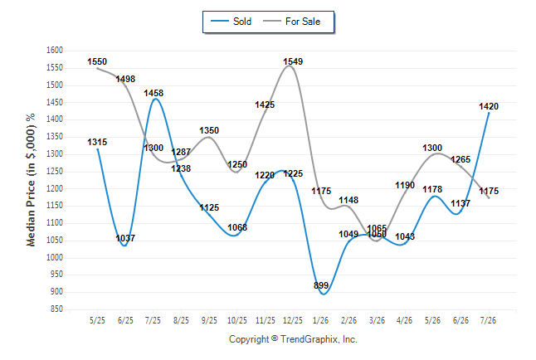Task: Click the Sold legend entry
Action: tap(231, 22)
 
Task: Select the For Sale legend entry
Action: tap(291, 22)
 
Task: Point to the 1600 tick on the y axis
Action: tap(55, 51)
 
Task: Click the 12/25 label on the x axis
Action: tap(293, 320)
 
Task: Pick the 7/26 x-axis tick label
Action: tap(489, 320)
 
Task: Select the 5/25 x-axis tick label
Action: tap(97, 320)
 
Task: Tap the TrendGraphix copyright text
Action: tap(293, 339)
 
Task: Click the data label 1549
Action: tap(293, 61)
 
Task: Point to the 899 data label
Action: tap(321, 285)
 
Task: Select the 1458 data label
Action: tap(153, 93)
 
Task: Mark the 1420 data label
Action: tap(489, 106)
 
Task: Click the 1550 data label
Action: tap(97, 61)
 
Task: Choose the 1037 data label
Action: tap(125, 238)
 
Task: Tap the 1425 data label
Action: tap(265, 105)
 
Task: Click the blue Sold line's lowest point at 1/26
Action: tap(324, 294)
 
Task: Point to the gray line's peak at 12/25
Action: tap(290, 66)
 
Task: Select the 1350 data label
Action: tap(209, 130)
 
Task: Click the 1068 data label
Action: tap(237, 227)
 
